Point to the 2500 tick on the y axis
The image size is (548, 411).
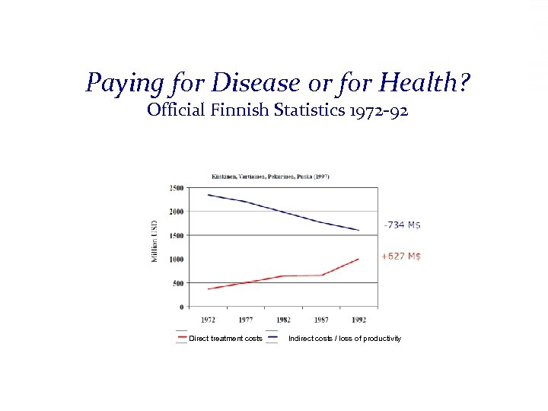click(176, 187)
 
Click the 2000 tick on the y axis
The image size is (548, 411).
click(176, 212)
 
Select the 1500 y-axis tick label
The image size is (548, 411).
click(176, 235)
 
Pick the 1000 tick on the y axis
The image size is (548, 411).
click(176, 260)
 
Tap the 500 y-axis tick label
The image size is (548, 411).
click(177, 283)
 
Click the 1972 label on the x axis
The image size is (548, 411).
click(209, 320)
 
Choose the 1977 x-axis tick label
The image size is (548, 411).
click(246, 320)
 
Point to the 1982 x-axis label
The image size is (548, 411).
click(283, 320)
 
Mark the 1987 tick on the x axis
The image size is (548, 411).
click(320, 320)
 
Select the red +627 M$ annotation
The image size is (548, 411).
click(401, 256)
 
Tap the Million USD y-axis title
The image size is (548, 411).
click(155, 242)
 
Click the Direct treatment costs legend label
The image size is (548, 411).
click(225, 339)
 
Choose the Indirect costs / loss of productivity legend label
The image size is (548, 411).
click(344, 339)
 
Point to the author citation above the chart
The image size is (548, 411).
click(270, 176)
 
